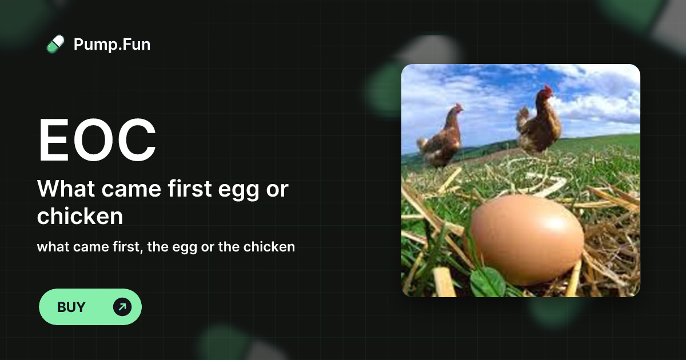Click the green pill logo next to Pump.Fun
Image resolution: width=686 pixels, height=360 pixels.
pos(55,44)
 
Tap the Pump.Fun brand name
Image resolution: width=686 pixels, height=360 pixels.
pos(112,44)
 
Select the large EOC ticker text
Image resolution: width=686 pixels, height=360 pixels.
pos(97,141)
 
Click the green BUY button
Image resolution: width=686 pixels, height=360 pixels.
pos(90,307)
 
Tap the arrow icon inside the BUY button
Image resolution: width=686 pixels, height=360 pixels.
pos(122,307)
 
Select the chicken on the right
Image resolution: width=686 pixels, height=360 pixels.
pos(540,123)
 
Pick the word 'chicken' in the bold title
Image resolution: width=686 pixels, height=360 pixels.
pos(80,216)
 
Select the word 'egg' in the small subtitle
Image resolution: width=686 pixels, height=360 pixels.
pos(184,248)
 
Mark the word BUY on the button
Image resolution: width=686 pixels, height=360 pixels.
pos(71,307)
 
